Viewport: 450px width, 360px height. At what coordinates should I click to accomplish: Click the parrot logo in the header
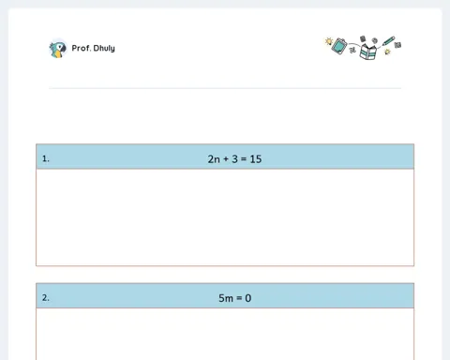coord(58,49)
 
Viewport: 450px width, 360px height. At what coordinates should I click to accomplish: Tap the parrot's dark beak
coord(63,49)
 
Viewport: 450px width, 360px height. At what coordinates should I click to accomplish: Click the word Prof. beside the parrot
coord(82,48)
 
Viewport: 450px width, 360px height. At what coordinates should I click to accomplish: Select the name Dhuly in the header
coord(104,49)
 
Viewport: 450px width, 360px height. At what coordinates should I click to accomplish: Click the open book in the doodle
coord(368,52)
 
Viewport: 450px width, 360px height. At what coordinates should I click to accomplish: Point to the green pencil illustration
coord(388,41)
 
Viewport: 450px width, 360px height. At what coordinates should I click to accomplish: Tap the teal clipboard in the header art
coord(339,46)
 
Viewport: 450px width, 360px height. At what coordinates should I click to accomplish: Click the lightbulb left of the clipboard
coord(329,41)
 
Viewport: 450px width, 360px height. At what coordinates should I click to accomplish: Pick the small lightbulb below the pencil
coord(387,52)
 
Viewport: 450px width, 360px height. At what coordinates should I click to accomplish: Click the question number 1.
coord(46,158)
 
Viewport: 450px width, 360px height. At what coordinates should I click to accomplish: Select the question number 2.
coord(46,298)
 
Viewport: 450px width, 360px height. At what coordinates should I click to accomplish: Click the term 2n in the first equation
coord(214,159)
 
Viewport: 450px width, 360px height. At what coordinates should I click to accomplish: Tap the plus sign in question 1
coord(226,159)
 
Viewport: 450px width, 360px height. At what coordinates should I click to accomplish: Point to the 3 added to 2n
coord(234,159)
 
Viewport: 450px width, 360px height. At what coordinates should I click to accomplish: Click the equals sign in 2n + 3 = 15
coord(244,159)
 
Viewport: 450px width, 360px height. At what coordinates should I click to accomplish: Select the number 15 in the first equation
coord(256,159)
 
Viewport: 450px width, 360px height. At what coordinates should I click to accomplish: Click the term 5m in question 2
coord(226,298)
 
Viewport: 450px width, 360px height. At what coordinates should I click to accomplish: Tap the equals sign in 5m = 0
coord(239,298)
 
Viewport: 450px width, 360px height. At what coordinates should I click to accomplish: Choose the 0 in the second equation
coord(248,298)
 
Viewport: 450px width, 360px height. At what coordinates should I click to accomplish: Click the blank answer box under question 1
coord(225,217)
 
